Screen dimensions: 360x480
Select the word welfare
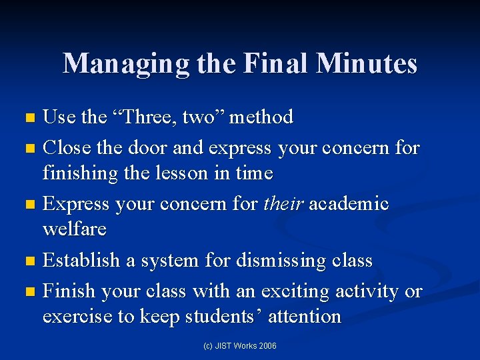click(75, 229)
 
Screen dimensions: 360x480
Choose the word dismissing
click(270, 261)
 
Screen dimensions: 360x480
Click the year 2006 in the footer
click(268, 345)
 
